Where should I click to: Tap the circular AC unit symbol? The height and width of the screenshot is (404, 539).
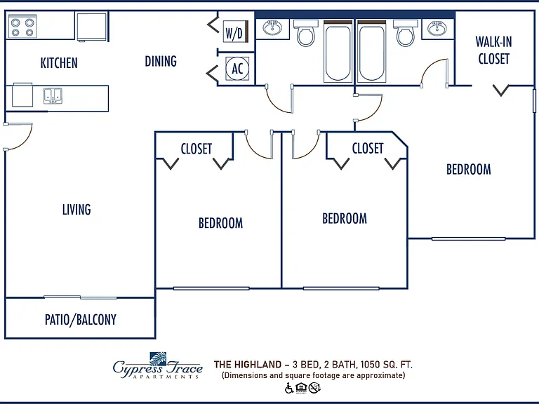[x=237, y=68]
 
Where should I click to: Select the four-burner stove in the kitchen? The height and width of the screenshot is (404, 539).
[x=22, y=27]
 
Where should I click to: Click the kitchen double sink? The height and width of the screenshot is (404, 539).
[x=53, y=96]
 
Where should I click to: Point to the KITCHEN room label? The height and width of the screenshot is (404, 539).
[x=59, y=63]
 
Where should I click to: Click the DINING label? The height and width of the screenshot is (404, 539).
[x=161, y=61]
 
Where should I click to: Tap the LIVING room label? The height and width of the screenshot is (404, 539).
[x=76, y=210]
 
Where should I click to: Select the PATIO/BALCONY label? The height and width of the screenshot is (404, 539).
[x=81, y=320]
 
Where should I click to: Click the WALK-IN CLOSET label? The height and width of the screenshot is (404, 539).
[x=493, y=50]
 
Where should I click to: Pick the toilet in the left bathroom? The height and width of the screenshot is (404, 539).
[x=305, y=32]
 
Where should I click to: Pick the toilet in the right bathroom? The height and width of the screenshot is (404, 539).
[x=405, y=32]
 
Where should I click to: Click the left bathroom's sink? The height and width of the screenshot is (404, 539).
[x=272, y=27]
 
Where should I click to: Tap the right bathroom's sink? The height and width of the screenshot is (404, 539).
[x=437, y=27]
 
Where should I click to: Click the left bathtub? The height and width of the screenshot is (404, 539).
[x=338, y=51]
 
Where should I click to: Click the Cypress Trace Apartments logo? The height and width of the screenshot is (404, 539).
[x=158, y=365]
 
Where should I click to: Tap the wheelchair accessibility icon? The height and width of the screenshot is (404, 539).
[x=289, y=388]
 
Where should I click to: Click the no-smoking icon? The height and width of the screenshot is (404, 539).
[x=314, y=388]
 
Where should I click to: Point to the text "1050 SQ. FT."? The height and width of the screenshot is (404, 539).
[x=387, y=364]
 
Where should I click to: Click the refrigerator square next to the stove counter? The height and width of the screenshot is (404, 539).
[x=91, y=27]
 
